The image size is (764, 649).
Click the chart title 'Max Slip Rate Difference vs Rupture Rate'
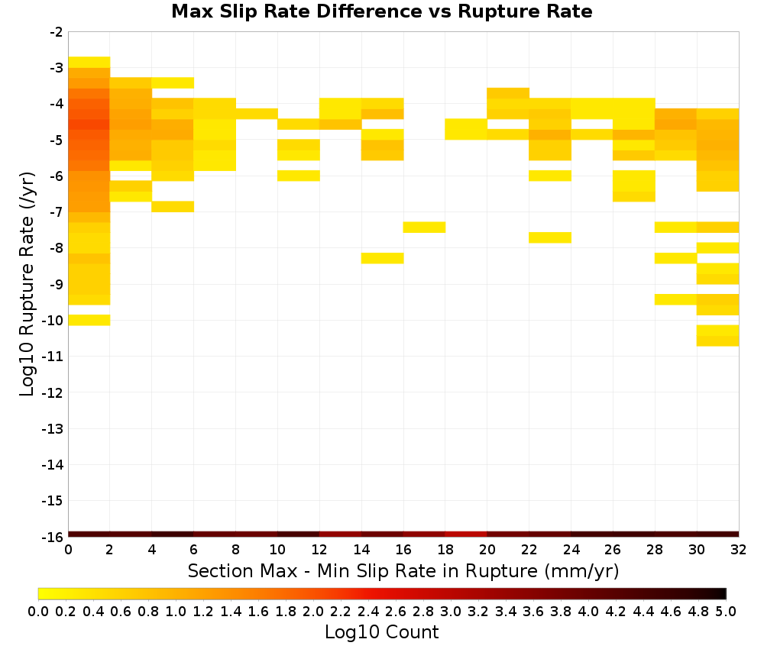pos(381,11)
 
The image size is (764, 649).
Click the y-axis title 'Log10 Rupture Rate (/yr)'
pos(27,284)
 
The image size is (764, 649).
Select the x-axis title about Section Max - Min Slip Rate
pos(403,570)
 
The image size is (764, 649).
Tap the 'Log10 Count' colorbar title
pos(381,632)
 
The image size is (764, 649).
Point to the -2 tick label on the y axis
pos(57,32)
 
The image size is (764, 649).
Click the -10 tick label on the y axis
pos(53,321)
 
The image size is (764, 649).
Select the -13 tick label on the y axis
pos(53,428)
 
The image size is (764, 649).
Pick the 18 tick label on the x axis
pos(445,550)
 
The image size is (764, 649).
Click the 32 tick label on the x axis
pos(739,550)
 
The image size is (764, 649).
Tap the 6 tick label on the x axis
pos(194,550)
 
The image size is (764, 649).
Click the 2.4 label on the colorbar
pos(368,611)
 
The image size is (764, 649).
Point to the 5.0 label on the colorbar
pos(726,611)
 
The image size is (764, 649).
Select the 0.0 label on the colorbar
pos(38,611)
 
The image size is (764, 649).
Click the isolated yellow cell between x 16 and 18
pos(424,228)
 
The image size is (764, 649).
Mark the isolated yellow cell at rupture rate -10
pos(89,320)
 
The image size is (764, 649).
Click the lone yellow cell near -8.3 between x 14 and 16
pos(383,258)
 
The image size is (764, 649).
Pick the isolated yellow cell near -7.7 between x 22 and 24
pos(550,237)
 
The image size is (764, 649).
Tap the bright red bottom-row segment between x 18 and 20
pos(466,534)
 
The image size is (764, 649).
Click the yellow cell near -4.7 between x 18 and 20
pos(466,129)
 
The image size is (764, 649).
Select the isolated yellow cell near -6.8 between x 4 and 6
pos(173,206)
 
